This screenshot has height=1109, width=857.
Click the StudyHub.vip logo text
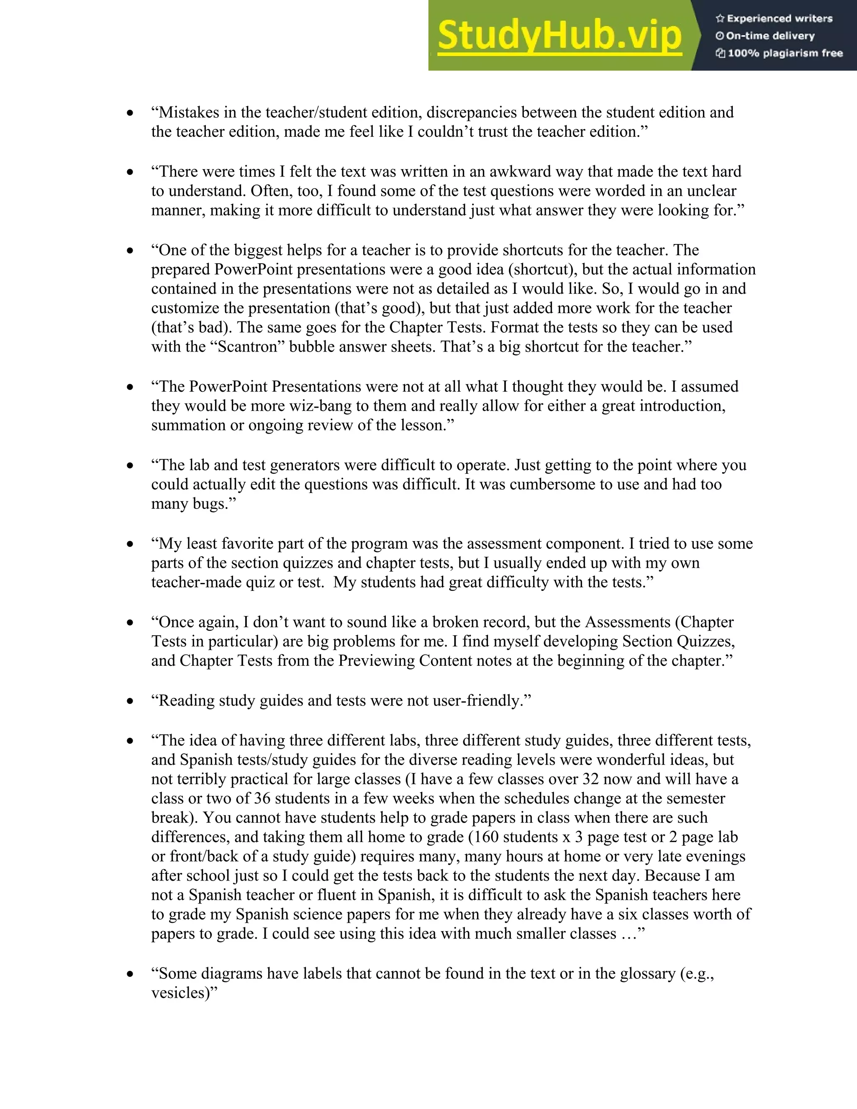(x=559, y=36)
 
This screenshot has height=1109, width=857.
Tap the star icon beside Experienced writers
(x=719, y=19)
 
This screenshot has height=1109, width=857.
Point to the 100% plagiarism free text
(x=785, y=53)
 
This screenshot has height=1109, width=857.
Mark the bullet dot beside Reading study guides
(x=131, y=701)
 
